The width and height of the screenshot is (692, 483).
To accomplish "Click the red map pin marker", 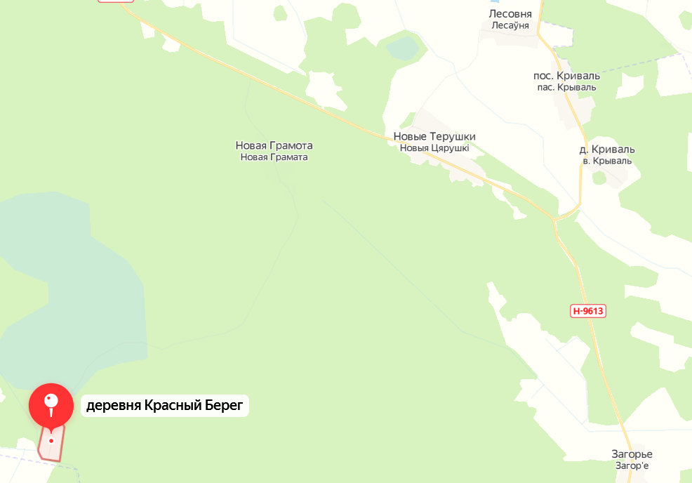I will pyautogui.click(x=51, y=406).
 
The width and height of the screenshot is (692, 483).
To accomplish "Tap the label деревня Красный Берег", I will pyautogui.click(x=165, y=406).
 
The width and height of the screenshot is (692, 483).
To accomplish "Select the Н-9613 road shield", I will pyautogui.click(x=587, y=311).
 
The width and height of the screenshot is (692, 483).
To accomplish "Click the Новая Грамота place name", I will pyautogui.click(x=274, y=145).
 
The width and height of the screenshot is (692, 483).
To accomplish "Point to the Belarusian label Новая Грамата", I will pyautogui.click(x=274, y=157).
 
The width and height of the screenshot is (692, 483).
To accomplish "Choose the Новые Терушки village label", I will pyautogui.click(x=434, y=136).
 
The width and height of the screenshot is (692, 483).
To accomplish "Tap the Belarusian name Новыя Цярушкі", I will pyautogui.click(x=434, y=148).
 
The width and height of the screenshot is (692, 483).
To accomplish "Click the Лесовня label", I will pyautogui.click(x=510, y=13).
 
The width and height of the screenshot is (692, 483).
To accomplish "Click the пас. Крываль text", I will pyautogui.click(x=566, y=87).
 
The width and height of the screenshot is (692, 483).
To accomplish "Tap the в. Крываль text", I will pyautogui.click(x=607, y=161).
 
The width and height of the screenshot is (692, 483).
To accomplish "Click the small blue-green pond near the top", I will pyautogui.click(x=402, y=48).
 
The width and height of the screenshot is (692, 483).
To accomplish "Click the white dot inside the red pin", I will pyautogui.click(x=51, y=401).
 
